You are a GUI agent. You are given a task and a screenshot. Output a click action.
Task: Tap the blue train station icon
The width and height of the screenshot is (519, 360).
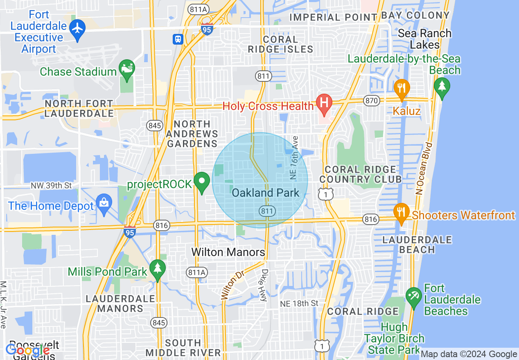(178, 39)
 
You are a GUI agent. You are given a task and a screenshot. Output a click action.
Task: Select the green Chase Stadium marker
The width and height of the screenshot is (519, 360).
(126, 68)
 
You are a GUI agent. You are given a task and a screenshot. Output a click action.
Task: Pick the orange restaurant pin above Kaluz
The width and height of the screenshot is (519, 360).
(402, 88)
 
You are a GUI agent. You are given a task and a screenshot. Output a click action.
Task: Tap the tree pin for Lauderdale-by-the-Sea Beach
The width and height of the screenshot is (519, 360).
(442, 87)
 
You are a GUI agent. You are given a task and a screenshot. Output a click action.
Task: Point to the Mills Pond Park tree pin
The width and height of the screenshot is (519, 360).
(157, 269)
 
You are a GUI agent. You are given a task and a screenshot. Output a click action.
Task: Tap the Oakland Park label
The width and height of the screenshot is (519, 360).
(265, 193)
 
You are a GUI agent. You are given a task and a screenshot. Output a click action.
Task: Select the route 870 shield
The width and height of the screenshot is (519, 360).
(371, 101)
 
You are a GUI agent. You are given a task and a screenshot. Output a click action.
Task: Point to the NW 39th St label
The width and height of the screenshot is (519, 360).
(51, 186)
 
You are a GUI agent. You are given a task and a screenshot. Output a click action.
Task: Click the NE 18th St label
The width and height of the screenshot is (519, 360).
(299, 304)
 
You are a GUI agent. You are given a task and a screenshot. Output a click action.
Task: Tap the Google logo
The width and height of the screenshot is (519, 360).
(27, 350)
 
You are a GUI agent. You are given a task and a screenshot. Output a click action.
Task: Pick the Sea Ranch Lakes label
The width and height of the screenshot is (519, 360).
(424, 39)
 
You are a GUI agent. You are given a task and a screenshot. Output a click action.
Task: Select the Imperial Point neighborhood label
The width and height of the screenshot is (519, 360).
(333, 17)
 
